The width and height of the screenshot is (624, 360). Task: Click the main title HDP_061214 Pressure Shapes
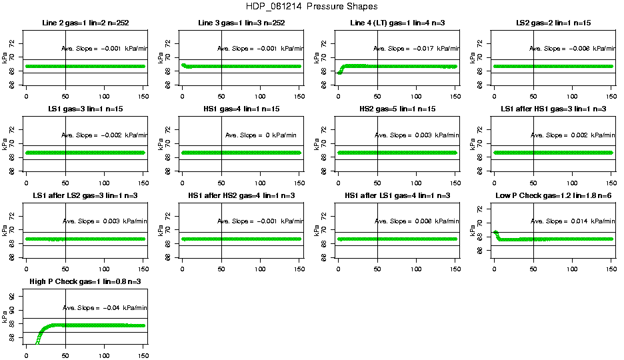pos(312,7)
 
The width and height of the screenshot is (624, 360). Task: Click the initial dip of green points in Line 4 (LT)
pos(340,72)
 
